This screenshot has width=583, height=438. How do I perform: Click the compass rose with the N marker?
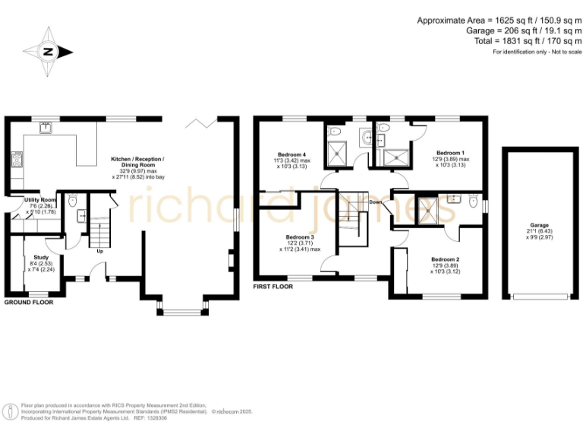click(47, 52)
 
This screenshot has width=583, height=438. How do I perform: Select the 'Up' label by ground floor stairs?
click(99, 251)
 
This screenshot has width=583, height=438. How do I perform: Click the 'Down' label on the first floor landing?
click(376, 202)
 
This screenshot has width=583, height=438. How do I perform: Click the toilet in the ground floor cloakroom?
click(72, 201)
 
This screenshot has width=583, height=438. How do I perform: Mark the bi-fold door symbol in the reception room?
click(202, 122)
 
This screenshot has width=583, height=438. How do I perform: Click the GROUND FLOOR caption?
click(28, 303)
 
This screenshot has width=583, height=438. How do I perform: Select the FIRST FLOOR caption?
click(273, 287)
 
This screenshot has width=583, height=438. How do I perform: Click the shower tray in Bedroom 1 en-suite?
click(395, 157)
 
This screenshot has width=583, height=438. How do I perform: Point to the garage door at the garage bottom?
click(539, 296)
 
